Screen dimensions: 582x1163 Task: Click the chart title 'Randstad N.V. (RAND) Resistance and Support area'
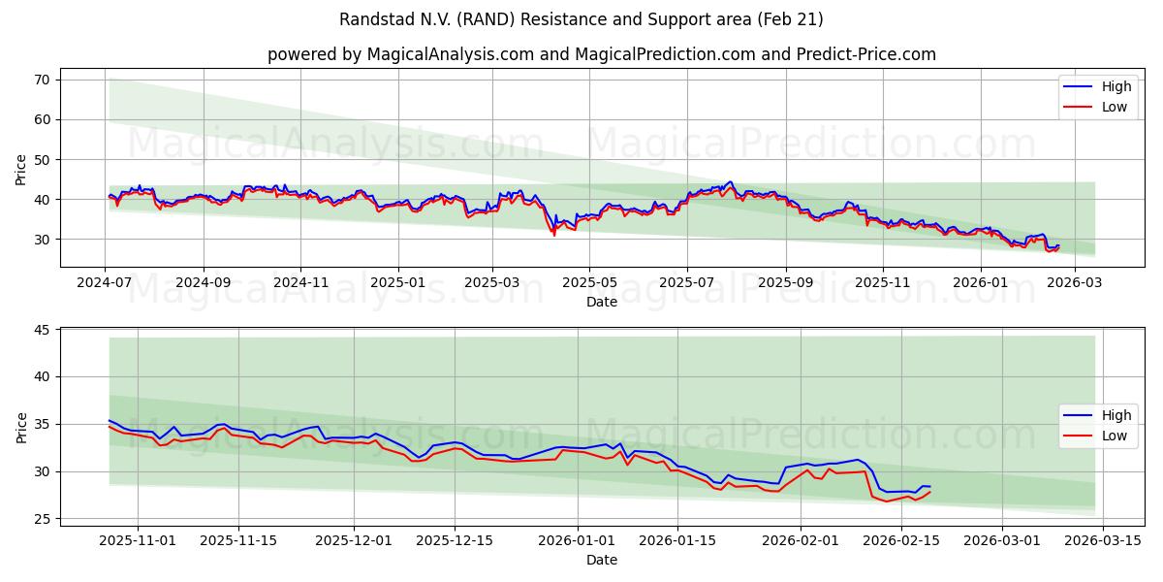[x=581, y=19]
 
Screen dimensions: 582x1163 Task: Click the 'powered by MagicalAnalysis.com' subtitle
[x=601, y=54]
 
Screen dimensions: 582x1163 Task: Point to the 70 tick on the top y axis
[x=43, y=80]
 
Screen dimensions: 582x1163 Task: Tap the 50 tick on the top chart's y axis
[x=43, y=159]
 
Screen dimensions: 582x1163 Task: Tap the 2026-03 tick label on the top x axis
[x=1071, y=284]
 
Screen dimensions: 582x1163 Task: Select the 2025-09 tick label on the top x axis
[x=785, y=284]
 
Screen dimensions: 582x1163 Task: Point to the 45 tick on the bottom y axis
[x=43, y=330]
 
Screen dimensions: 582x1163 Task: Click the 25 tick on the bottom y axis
[x=43, y=519]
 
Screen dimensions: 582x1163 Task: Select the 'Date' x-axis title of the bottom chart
[x=601, y=560]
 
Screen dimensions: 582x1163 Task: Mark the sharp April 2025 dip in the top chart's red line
[x=554, y=234]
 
